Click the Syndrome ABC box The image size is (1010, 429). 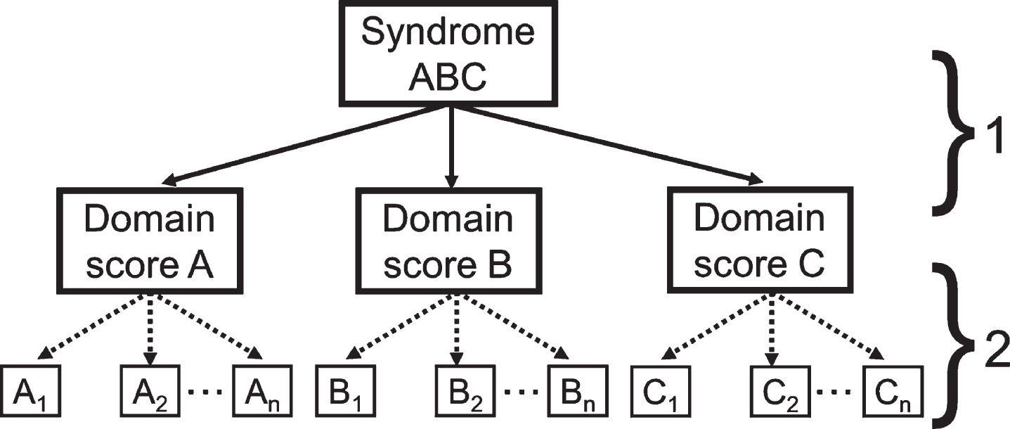click(448, 53)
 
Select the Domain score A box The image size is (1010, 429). click(150, 241)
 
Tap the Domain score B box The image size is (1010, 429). click(448, 241)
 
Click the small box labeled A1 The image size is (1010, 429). click(31, 390)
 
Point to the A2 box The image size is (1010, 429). click(150, 390)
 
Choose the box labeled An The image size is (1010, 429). click(262, 390)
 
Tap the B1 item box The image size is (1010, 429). click(345, 390)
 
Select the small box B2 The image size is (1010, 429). click(465, 390)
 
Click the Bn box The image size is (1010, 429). click(578, 390)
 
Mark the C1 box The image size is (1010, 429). click(661, 390)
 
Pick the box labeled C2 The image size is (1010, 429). click(780, 390)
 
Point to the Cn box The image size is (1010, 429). click(893, 390)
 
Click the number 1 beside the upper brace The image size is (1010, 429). click(992, 137)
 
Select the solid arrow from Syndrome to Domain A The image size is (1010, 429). click(305, 146)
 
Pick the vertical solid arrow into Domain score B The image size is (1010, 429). click(451, 147)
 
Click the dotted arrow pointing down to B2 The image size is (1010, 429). click(458, 330)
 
